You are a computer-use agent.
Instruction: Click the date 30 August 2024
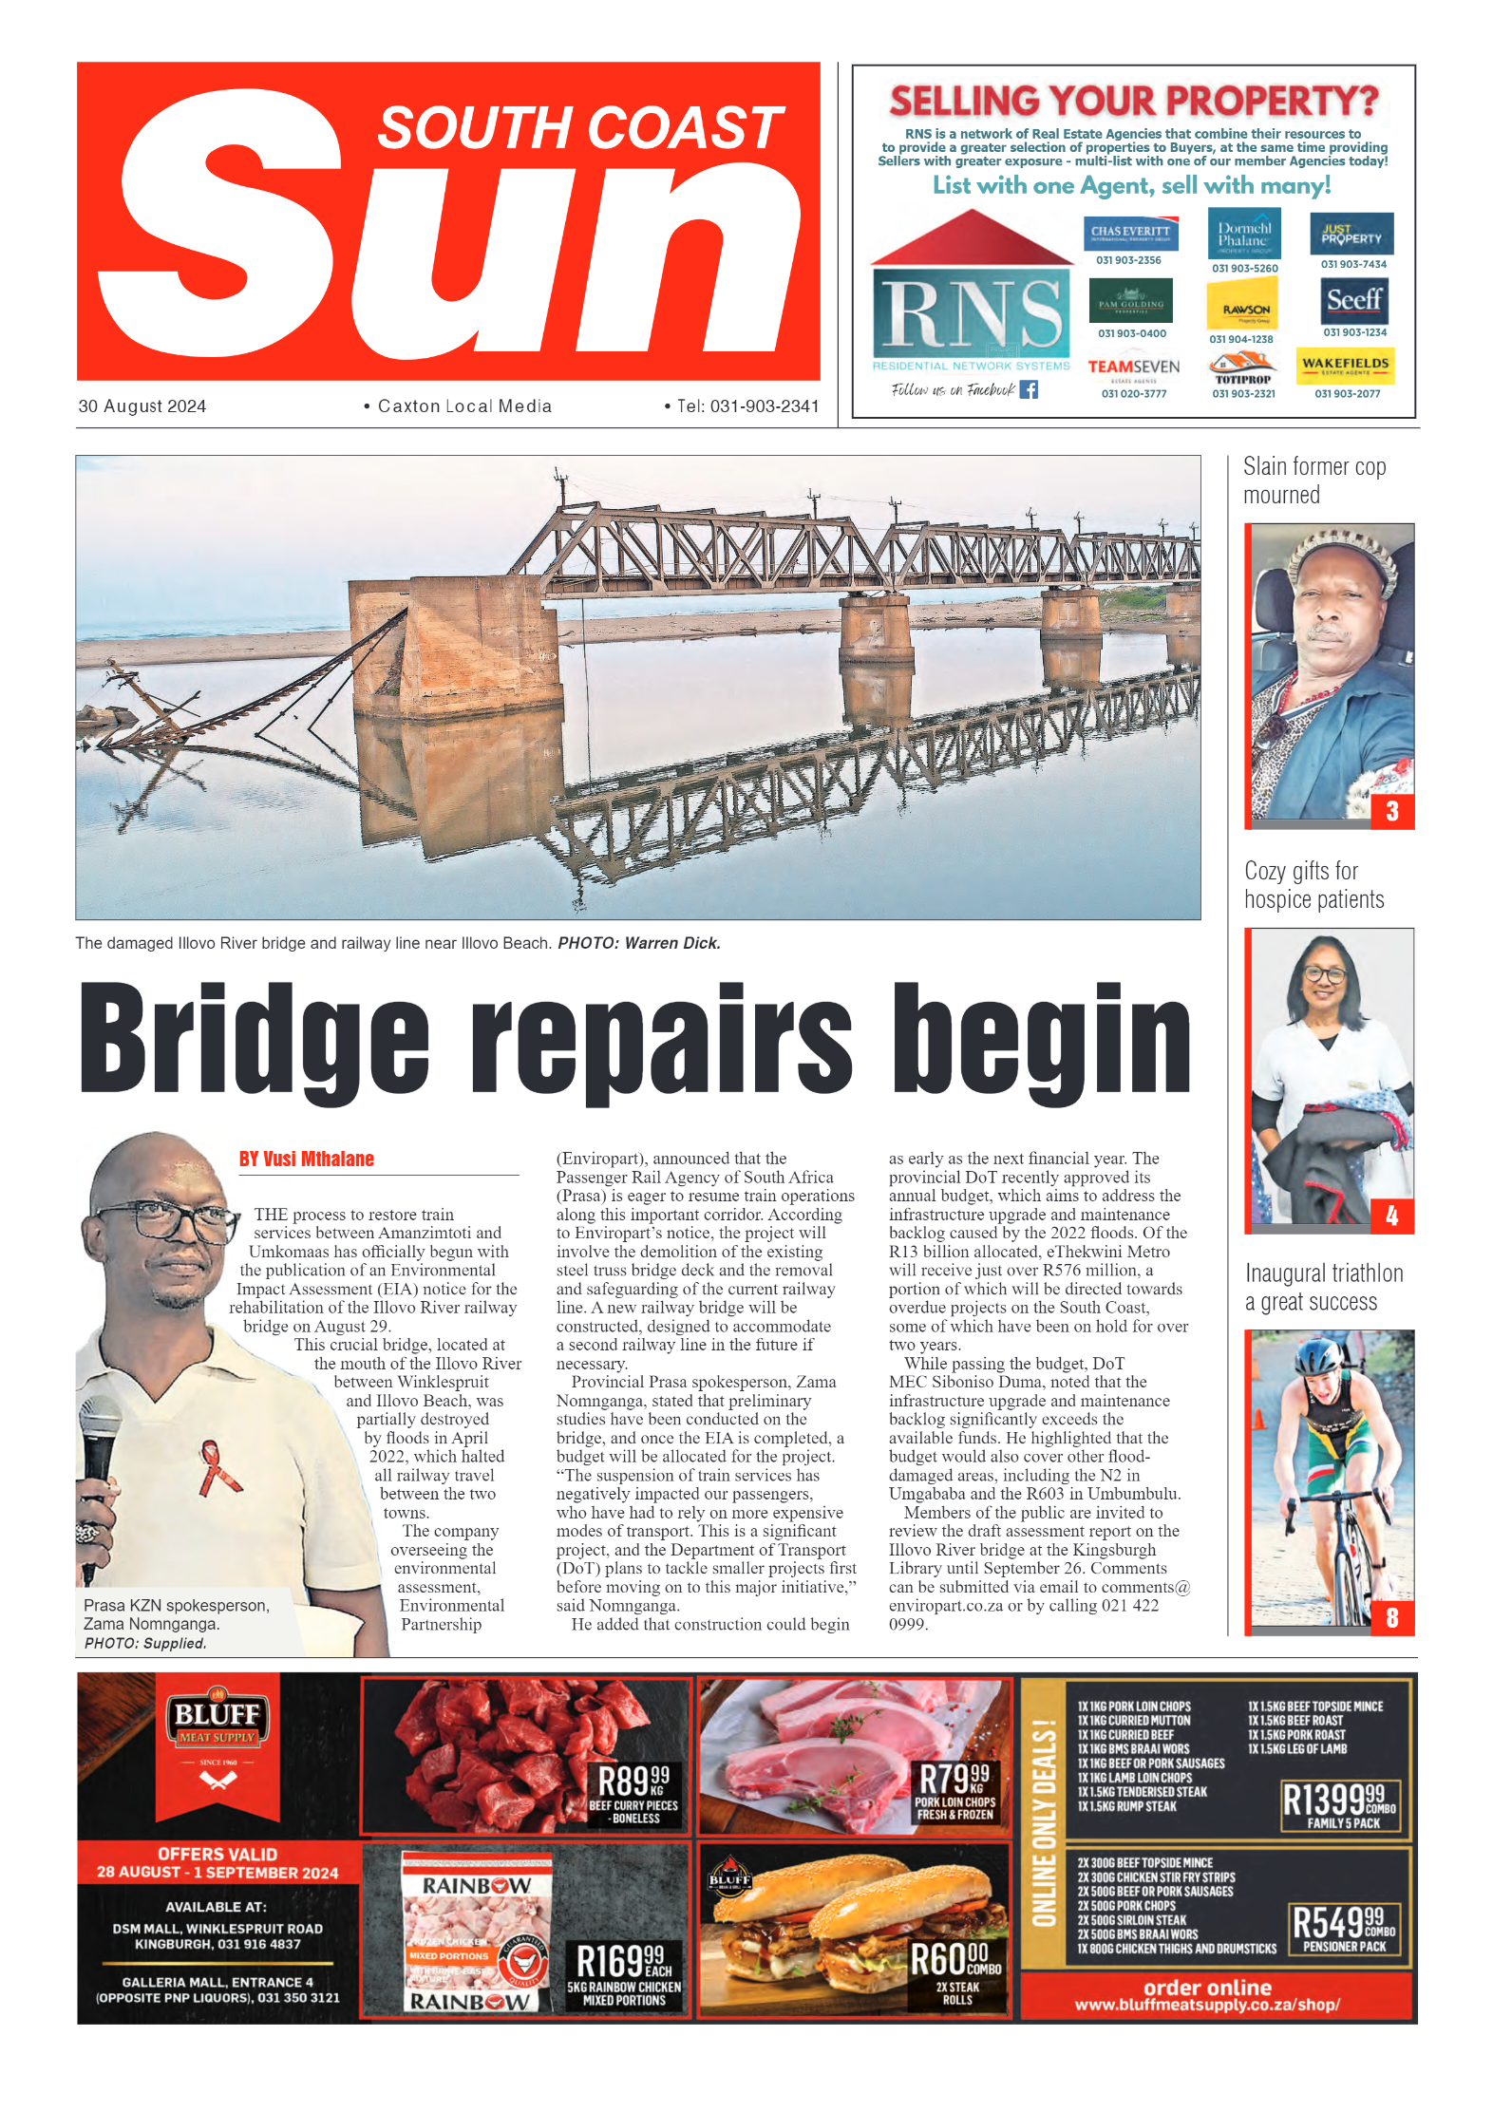point(142,406)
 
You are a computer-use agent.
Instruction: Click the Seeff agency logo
point(1354,302)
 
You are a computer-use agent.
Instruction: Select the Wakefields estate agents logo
point(1345,365)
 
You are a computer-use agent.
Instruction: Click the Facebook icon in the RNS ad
point(1029,389)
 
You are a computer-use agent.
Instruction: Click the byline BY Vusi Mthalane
point(306,1159)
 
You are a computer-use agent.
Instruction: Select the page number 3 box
point(1391,811)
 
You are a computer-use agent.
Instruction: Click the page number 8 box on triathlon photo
point(1391,1617)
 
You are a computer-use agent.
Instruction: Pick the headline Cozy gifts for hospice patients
point(1313,885)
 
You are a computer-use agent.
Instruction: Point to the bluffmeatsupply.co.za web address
point(1206,2005)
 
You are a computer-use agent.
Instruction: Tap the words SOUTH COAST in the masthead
point(579,128)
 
